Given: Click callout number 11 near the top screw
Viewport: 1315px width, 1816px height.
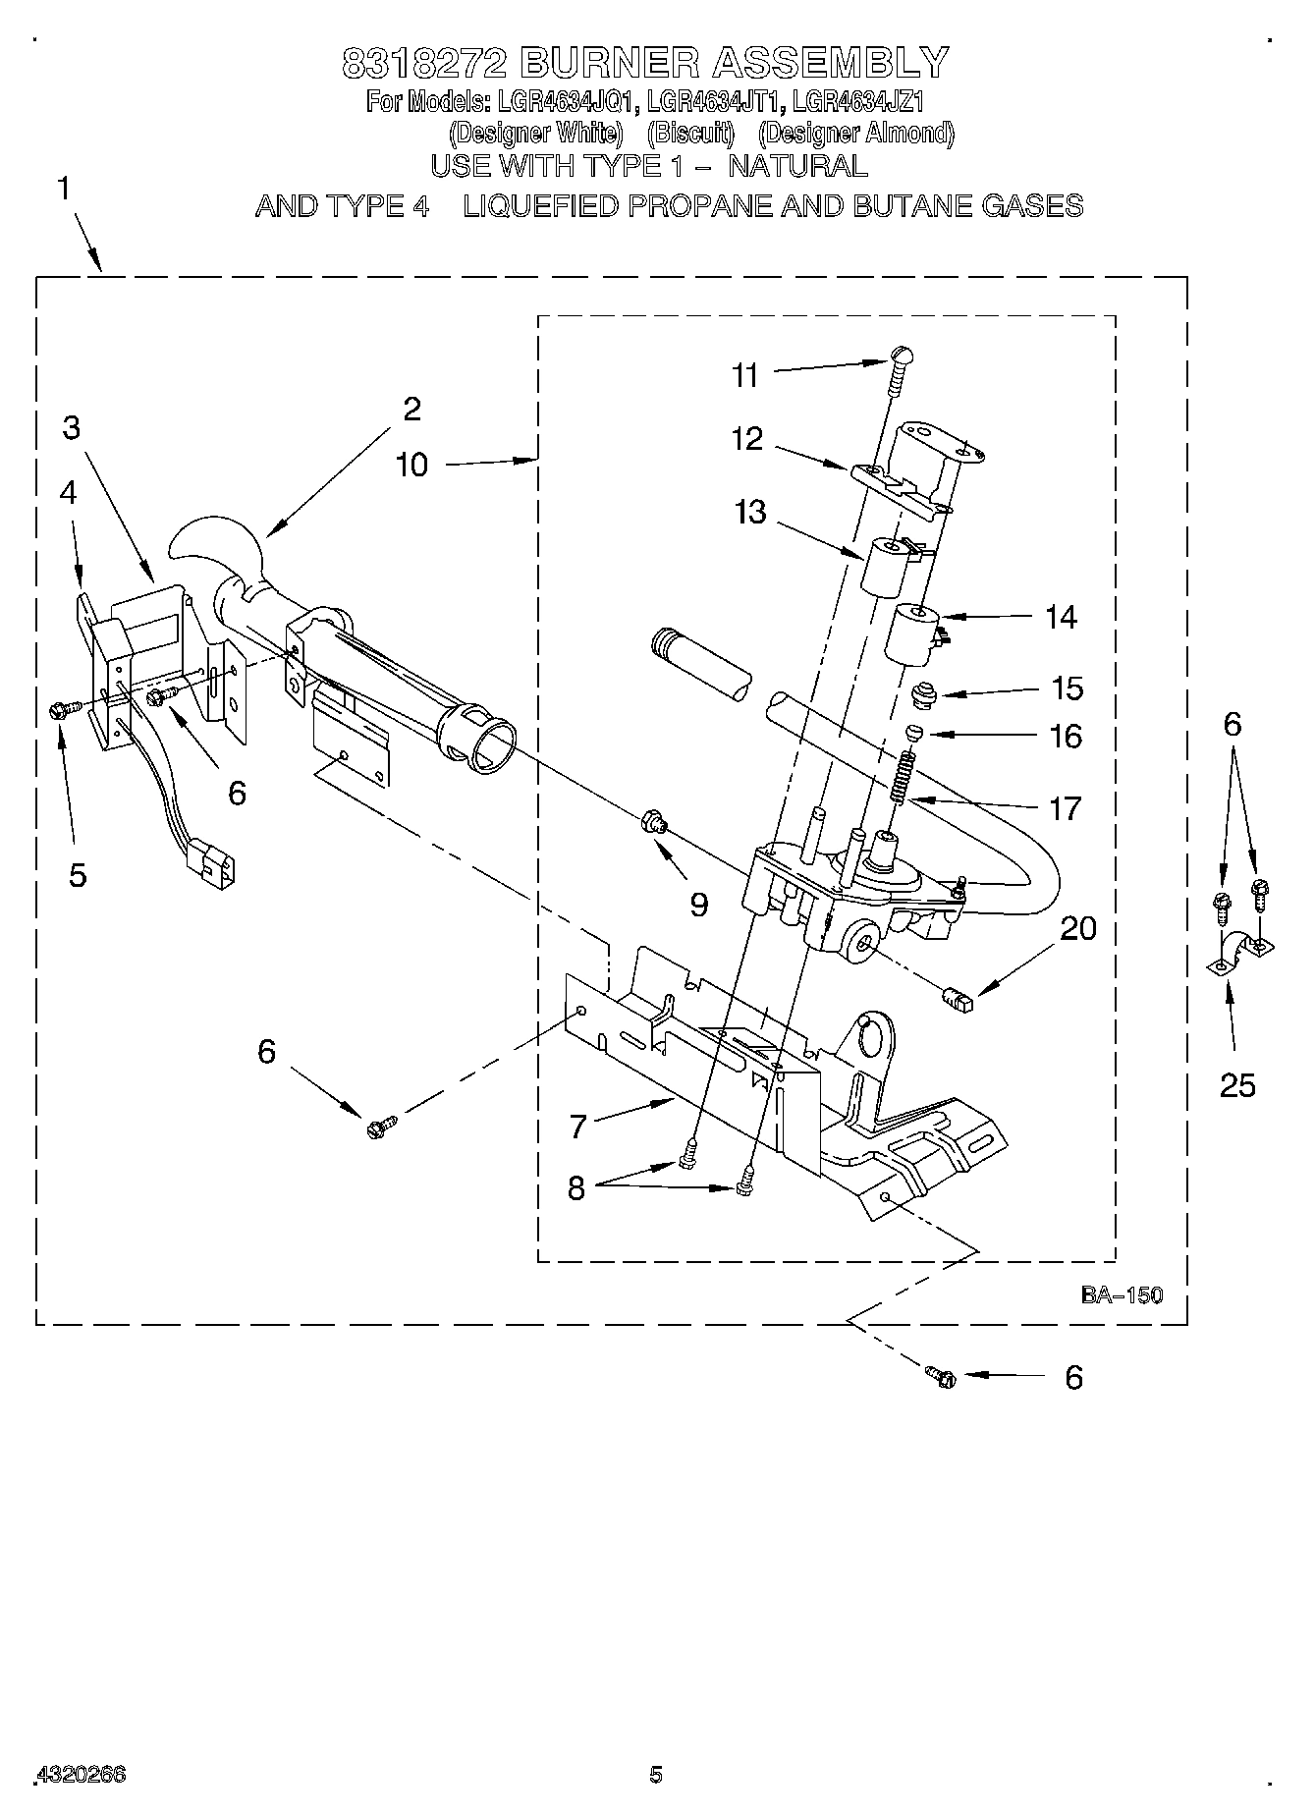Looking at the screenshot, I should (745, 375).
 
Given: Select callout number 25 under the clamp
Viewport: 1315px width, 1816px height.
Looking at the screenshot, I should (1237, 1084).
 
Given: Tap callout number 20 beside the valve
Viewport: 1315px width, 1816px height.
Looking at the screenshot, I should (1078, 928).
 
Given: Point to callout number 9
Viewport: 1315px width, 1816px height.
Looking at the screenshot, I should (698, 904).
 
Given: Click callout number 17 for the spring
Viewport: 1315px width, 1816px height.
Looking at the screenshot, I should (1065, 808).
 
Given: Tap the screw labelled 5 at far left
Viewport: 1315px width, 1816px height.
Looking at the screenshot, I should (58, 710).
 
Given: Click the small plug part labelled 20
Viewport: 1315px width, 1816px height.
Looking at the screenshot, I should (958, 1001).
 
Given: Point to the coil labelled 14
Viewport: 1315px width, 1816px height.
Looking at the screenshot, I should (913, 633).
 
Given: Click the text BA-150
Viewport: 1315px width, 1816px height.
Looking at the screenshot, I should (1122, 1295).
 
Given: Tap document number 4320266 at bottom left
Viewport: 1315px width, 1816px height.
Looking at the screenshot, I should (82, 1775).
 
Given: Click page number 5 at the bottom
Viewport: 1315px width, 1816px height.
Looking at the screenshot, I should (655, 1774).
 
